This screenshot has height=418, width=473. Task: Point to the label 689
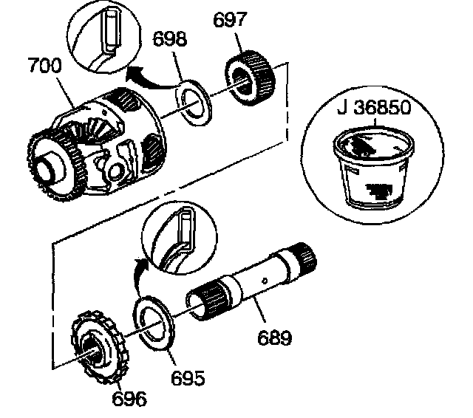[274, 338]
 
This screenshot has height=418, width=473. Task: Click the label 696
[129, 398]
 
